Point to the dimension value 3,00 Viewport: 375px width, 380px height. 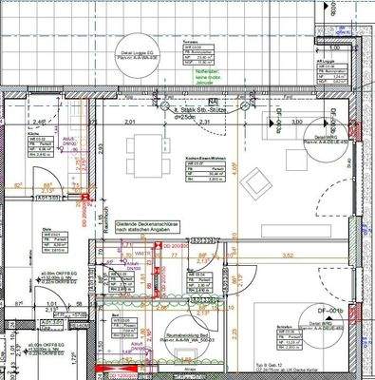click(296, 123)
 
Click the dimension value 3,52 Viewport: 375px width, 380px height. click(289, 255)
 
